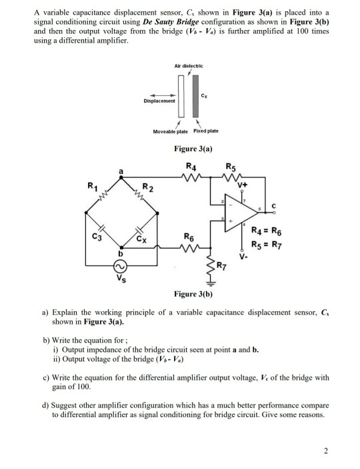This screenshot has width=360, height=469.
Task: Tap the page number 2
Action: click(x=326, y=451)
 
